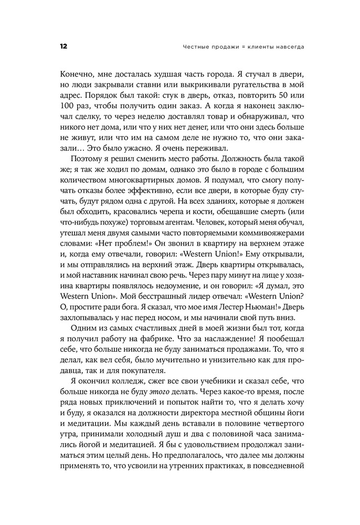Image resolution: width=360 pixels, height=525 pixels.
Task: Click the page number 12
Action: coord(63,47)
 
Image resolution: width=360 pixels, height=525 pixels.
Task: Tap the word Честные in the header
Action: coord(195,47)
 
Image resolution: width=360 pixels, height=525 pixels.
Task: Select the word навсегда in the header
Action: coord(289,47)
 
